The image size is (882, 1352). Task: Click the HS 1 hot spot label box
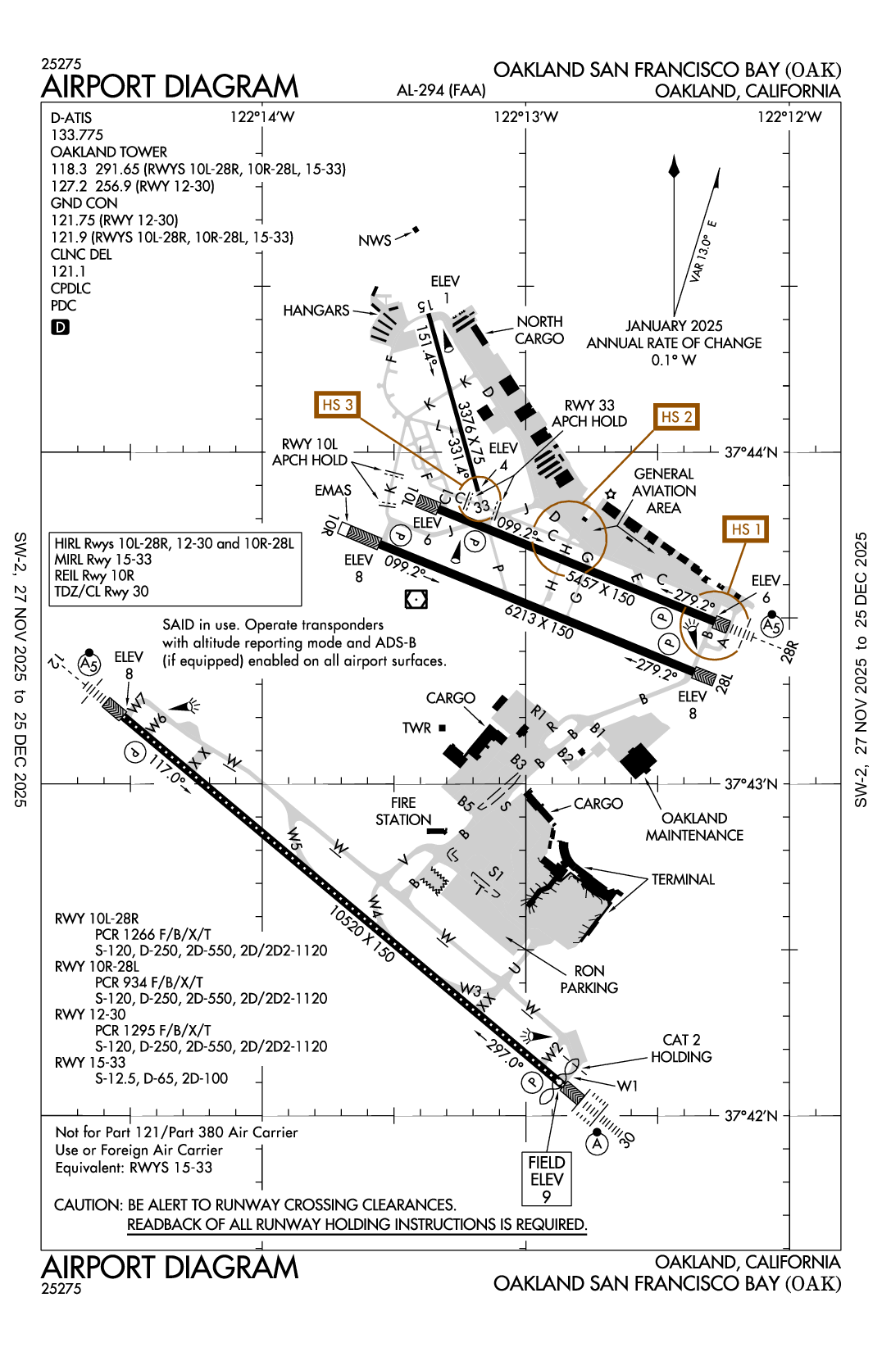(745, 529)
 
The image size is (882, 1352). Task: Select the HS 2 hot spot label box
(676, 417)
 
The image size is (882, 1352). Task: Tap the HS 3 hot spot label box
(337, 405)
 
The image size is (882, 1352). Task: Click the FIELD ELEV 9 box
(546, 1179)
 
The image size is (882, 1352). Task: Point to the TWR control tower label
(416, 728)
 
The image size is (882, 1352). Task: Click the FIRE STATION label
(403, 811)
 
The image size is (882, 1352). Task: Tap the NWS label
(375, 241)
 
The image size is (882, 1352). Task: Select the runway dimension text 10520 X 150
(361, 933)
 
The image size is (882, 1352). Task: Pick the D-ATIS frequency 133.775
(77, 135)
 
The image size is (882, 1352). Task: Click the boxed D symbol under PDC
(61, 327)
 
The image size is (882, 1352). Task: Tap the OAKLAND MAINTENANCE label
(694, 827)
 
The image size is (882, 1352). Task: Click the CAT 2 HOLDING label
(681, 1048)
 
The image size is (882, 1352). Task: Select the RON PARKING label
(589, 979)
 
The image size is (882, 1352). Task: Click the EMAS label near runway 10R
(333, 490)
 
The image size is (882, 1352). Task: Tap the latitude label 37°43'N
(751, 784)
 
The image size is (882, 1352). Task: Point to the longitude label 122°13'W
(525, 117)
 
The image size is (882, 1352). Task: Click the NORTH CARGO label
(539, 330)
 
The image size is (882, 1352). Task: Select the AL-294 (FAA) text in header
(441, 90)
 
